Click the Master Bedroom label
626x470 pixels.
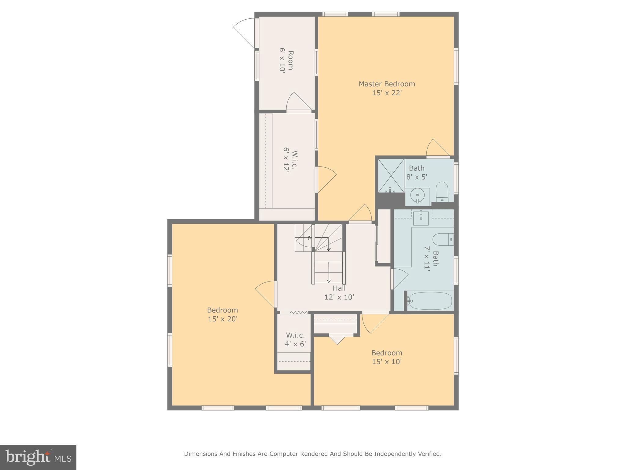[x=387, y=84]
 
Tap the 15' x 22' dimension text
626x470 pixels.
[x=387, y=93]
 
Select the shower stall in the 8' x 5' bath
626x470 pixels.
[x=391, y=176]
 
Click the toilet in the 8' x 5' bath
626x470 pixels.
[x=441, y=191]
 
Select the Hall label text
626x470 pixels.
[x=339, y=288]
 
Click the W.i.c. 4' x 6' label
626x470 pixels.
[x=295, y=335]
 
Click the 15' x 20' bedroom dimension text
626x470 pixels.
[x=223, y=319]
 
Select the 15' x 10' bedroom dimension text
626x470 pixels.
[x=387, y=362]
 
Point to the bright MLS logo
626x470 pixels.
[x=38, y=457]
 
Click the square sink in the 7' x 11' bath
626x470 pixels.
[x=421, y=218]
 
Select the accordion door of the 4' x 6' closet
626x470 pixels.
[x=299, y=312]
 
